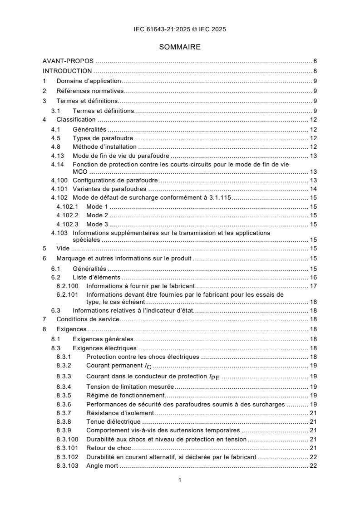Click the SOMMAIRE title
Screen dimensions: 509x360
[x=180, y=47]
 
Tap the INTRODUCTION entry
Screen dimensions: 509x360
[x=67, y=71]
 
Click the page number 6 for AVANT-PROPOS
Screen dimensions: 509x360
[x=315, y=61]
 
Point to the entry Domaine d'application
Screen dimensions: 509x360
[x=89, y=81]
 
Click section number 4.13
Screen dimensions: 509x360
[x=58, y=156]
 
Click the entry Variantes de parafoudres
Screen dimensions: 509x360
[x=111, y=189]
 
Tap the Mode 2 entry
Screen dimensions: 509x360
[x=97, y=215]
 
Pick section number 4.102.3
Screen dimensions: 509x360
[x=67, y=224]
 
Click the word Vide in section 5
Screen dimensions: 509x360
[x=63, y=248]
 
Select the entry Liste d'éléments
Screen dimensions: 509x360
[x=96, y=277]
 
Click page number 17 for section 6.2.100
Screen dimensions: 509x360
[x=313, y=286]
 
